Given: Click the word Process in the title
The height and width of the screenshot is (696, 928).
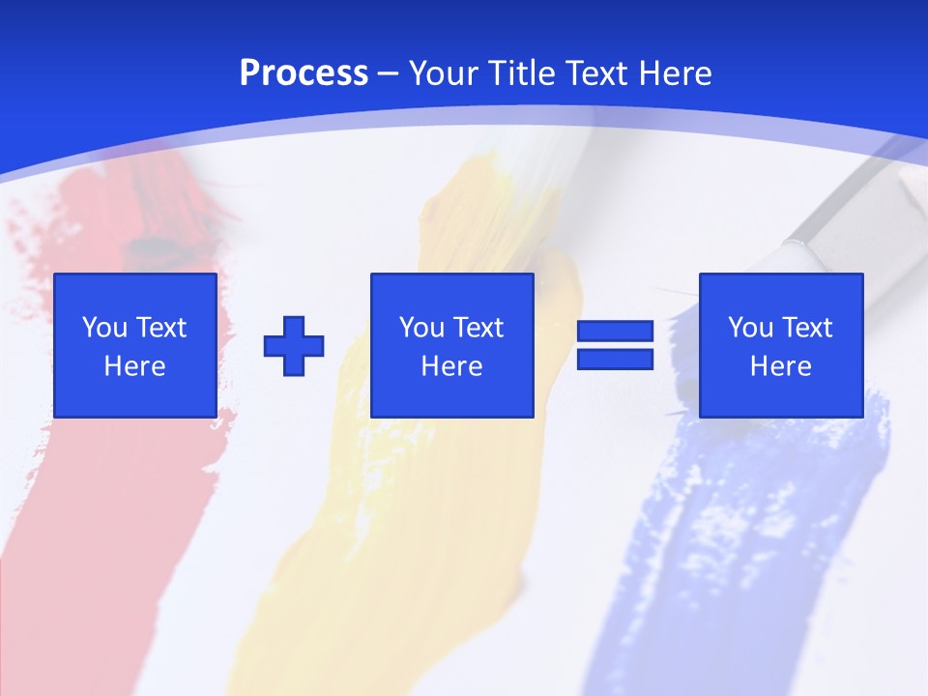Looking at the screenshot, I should click(x=304, y=73).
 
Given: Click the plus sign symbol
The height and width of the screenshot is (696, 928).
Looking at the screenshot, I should click(x=294, y=345).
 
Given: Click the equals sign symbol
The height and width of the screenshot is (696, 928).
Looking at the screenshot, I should click(x=615, y=345).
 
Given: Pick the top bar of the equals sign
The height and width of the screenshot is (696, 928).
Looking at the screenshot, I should click(x=615, y=332).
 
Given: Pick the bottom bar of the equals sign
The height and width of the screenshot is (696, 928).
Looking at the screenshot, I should click(x=615, y=359).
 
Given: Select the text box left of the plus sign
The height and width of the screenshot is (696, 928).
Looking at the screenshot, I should click(x=135, y=345).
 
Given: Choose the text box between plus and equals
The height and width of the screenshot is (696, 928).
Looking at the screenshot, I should click(x=452, y=345).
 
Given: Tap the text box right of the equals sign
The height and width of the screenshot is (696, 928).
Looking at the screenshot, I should click(x=781, y=345).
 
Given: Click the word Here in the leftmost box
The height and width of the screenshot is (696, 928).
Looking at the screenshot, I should click(x=135, y=366).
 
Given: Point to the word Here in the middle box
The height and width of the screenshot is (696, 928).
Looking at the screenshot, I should click(x=452, y=366).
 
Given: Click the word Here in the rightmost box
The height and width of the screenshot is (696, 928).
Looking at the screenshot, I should click(x=781, y=366).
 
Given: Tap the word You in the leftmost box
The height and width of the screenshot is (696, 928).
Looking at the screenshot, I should click(x=105, y=328).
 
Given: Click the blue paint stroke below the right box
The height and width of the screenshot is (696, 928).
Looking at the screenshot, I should click(x=735, y=522).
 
